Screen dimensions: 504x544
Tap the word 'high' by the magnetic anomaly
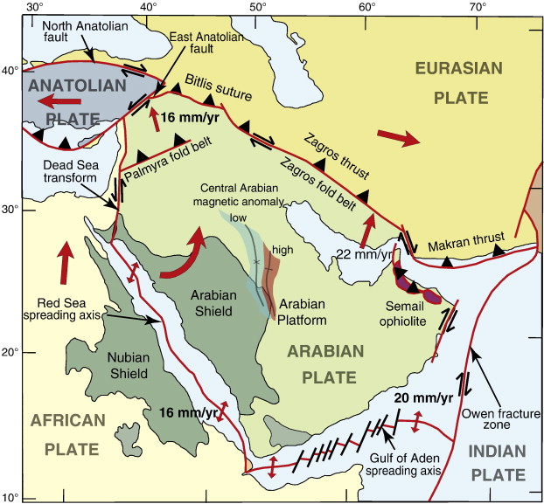click(282, 250)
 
